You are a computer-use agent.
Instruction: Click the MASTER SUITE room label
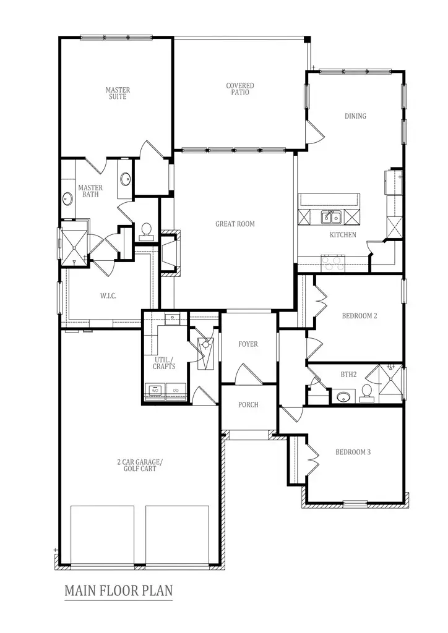pos(118,93)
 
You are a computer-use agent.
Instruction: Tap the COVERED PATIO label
pos(240,89)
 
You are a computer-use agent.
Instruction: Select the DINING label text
pos(355,116)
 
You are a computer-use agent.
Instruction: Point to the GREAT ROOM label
pos(235,224)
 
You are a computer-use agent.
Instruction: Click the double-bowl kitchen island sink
pos(330,216)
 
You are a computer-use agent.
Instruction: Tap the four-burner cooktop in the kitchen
pos(333,264)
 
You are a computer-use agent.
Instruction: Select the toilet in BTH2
pos(366,392)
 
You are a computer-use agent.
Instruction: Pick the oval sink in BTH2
pos(342,396)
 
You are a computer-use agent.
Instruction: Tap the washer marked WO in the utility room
pos(155,391)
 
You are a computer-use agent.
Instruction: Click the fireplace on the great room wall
pos(169,252)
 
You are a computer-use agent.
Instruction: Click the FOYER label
pos(248,344)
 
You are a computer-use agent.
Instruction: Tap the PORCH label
pos(248,405)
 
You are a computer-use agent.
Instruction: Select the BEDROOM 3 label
pos(353,452)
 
